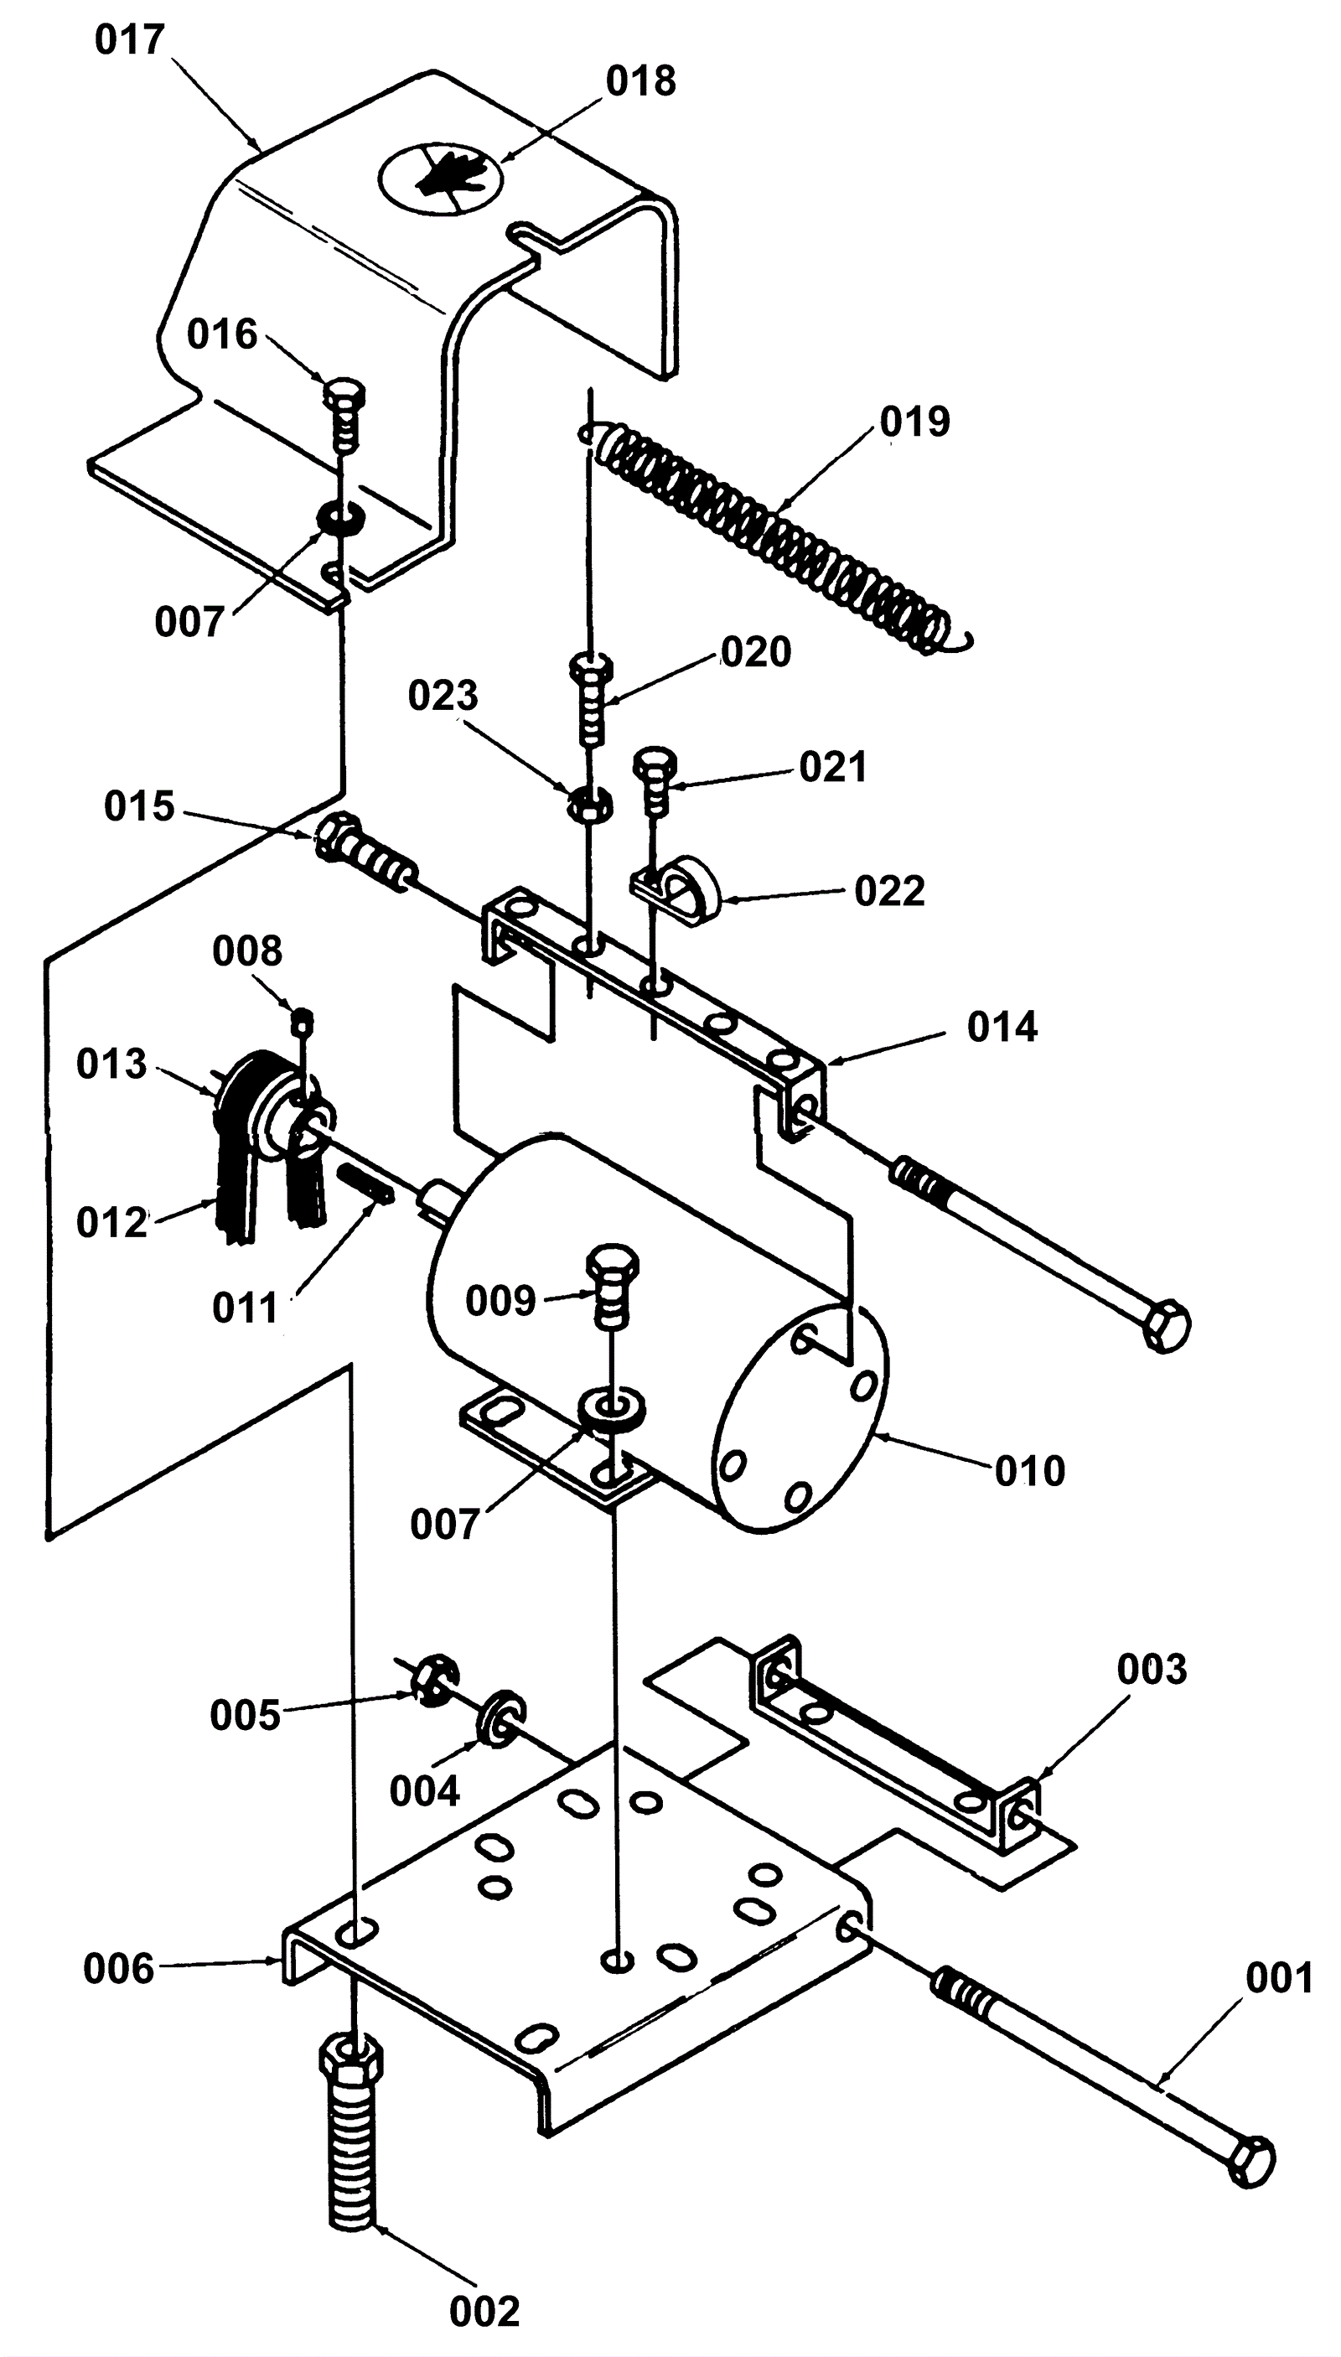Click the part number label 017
click(130, 39)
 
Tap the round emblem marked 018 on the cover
click(442, 179)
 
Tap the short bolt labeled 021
click(655, 780)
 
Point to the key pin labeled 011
click(366, 1182)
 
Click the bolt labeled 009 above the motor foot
click(612, 1286)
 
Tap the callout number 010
click(1030, 1471)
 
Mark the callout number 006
click(118, 1969)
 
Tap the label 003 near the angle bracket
click(1152, 1669)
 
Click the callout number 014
click(1002, 1027)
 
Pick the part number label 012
click(111, 1223)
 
